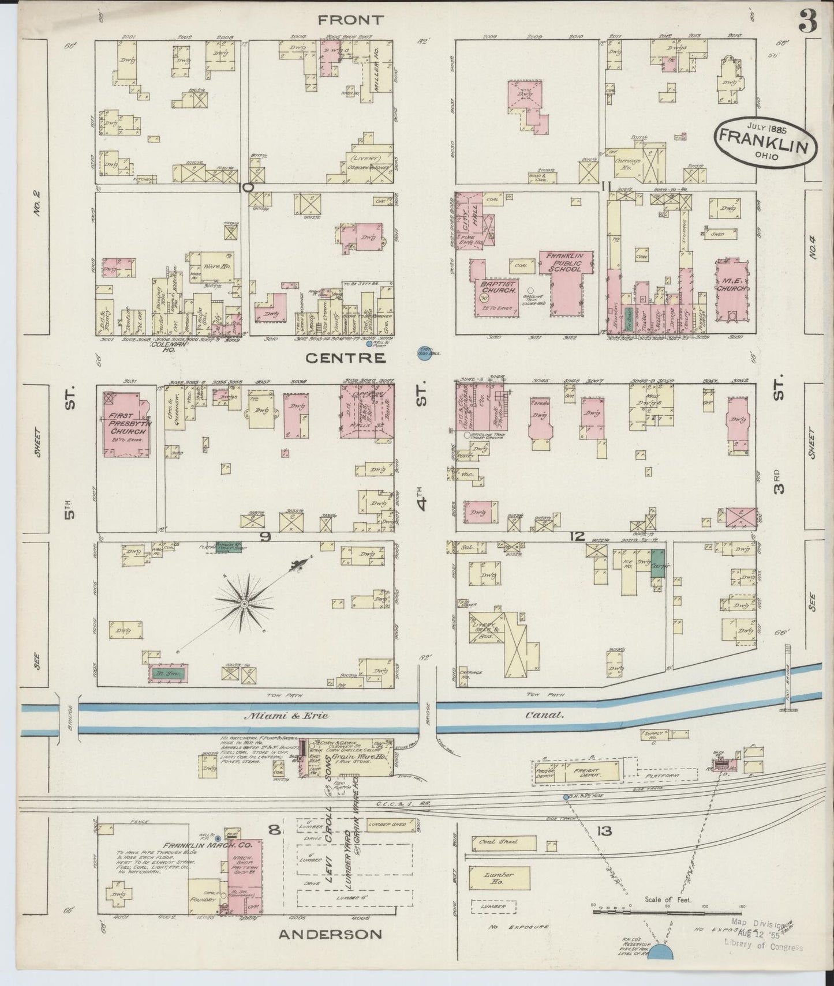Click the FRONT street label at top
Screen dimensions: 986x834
(x=350, y=20)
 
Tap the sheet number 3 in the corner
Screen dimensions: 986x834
(x=807, y=22)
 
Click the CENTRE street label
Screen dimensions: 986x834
(x=345, y=358)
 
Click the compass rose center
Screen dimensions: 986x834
(x=245, y=603)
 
